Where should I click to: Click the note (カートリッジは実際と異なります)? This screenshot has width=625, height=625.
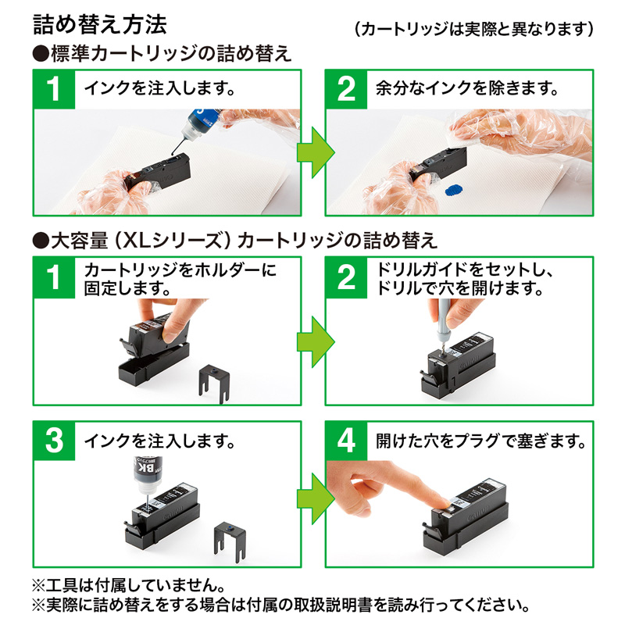click(x=473, y=30)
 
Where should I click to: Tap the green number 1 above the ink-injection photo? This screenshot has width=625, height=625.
click(x=53, y=89)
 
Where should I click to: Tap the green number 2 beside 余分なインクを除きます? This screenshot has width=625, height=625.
click(x=345, y=89)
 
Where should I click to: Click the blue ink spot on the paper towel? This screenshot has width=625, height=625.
click(x=453, y=189)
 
